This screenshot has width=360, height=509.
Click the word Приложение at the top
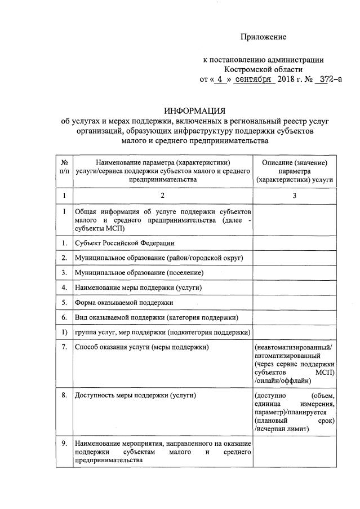264,37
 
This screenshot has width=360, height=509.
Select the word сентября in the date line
255,79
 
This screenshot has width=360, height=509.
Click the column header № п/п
64,167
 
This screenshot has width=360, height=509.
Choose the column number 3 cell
294,196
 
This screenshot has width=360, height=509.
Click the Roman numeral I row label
64,213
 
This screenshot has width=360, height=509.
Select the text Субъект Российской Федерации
125,242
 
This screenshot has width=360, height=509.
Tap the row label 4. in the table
64,287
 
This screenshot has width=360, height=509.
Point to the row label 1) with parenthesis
64,333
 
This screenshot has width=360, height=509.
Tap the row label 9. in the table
64,444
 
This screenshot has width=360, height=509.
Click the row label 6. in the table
64,318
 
